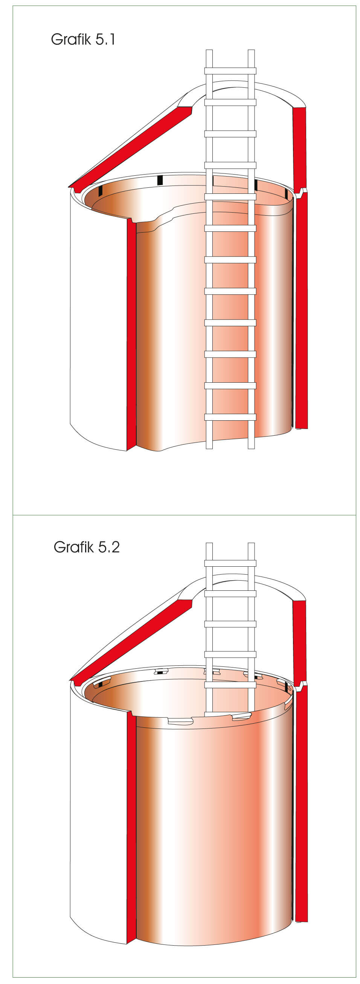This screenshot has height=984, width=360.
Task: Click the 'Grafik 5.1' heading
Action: (83, 40)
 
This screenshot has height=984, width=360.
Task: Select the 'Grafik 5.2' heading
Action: (87, 547)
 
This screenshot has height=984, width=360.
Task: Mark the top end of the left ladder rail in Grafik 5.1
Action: (209, 50)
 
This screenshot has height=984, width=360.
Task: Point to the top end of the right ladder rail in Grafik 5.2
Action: (251, 543)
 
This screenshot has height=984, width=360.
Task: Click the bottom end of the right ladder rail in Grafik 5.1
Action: (251, 449)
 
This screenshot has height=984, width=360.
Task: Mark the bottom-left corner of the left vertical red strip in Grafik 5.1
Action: (127, 451)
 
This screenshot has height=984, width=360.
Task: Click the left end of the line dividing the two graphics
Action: (13, 515)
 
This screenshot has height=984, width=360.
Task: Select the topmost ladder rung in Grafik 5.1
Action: (230, 71)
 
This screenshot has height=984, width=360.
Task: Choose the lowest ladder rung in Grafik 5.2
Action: (230, 685)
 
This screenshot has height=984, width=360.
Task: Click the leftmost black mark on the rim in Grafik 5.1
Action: (101, 191)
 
